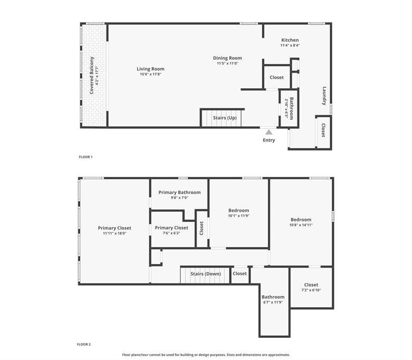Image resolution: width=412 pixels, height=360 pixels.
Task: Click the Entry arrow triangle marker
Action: (x=269, y=132)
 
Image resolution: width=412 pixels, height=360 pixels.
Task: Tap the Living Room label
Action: (x=151, y=69)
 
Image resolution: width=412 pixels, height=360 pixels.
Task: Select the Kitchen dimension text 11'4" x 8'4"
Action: (x=290, y=45)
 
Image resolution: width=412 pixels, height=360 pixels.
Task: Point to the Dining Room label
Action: (x=228, y=58)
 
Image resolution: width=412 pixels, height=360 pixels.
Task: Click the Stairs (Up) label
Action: (x=225, y=118)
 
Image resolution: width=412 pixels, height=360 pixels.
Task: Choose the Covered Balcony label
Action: (x=92, y=75)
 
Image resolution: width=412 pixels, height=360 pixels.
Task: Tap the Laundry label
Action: (x=324, y=96)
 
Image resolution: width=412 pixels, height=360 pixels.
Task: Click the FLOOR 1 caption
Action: (x=86, y=157)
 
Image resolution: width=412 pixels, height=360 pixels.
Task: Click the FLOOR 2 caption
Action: (x=84, y=344)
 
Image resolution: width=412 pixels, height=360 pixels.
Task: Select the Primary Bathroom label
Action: (x=180, y=193)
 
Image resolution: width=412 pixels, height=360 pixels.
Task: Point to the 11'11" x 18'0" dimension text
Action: (x=115, y=233)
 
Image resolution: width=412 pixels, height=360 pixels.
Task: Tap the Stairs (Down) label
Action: (x=206, y=274)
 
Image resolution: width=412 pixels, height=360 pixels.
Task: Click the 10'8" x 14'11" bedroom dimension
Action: (x=301, y=225)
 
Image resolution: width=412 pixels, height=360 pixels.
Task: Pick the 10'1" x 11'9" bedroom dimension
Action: (x=239, y=216)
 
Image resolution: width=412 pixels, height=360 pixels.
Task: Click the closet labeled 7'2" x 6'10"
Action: (x=311, y=285)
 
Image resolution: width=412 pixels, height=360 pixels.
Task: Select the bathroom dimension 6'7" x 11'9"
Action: (x=273, y=302)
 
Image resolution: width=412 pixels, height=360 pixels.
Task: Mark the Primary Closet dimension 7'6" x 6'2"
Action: (x=171, y=233)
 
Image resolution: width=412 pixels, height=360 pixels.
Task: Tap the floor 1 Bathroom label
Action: (x=292, y=108)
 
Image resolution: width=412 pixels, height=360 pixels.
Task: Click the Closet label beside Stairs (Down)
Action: (x=240, y=273)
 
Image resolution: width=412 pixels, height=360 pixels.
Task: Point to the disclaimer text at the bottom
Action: (x=206, y=355)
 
